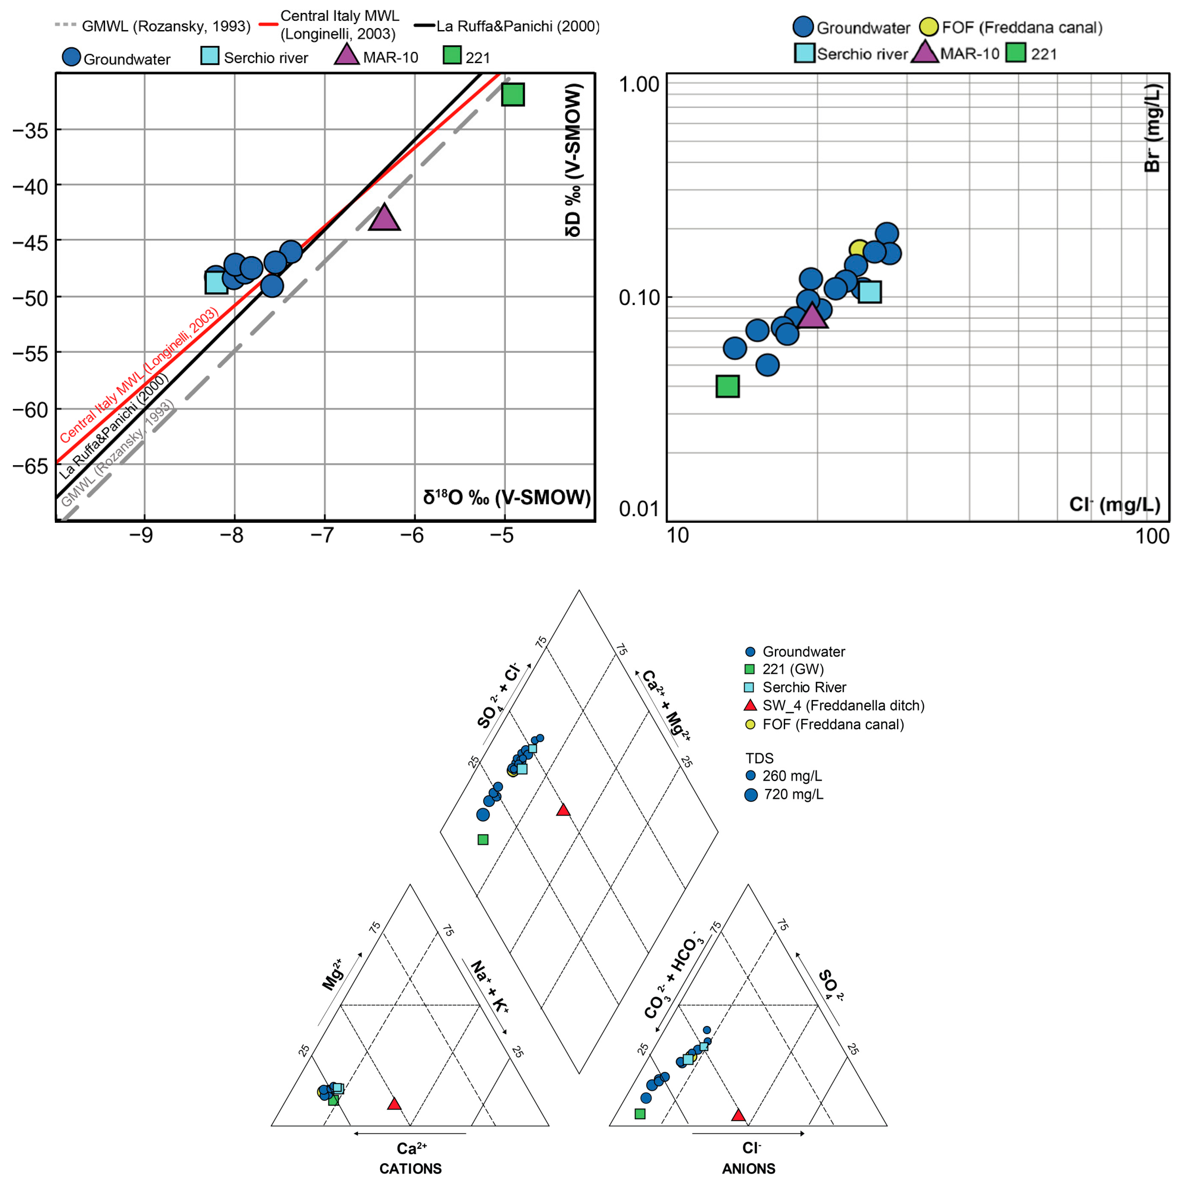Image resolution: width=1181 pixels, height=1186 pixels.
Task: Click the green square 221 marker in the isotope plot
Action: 513,95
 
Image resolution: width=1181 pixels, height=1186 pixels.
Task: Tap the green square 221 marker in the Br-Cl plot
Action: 727,386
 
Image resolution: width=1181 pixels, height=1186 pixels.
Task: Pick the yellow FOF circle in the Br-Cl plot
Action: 859,249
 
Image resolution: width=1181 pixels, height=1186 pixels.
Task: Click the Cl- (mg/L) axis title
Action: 1114,505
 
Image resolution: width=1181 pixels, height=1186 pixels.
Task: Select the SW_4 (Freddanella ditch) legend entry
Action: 843,705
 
